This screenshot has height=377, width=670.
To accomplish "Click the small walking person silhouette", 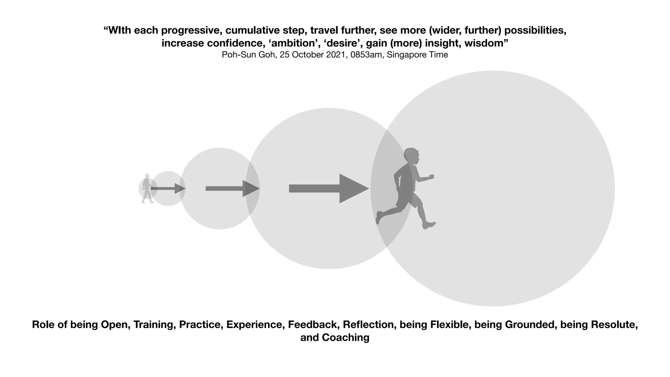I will click(x=147, y=189).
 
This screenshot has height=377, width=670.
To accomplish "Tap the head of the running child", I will click(x=412, y=156).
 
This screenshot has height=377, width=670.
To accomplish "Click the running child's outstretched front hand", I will click(x=431, y=177).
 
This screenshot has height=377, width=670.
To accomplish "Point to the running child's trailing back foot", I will click(x=379, y=217).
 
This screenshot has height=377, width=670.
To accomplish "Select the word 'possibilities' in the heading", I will click(x=535, y=30).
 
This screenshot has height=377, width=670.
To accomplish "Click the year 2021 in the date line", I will click(x=337, y=55).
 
